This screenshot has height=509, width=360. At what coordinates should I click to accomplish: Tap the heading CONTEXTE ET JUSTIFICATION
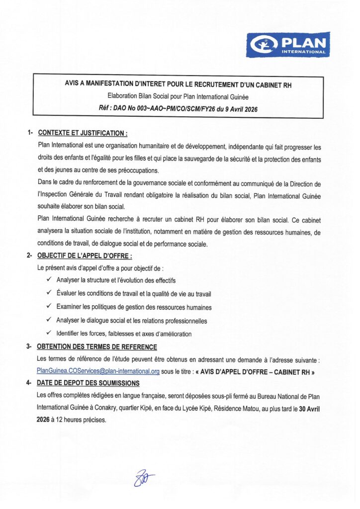(83, 133)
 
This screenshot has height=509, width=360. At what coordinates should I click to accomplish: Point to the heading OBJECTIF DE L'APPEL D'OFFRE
(85, 255)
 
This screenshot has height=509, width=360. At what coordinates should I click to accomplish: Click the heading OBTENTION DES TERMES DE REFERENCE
(97, 347)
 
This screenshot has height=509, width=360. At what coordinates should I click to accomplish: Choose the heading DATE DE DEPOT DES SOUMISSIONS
(89, 383)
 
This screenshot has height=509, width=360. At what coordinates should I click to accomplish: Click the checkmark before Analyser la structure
(49, 280)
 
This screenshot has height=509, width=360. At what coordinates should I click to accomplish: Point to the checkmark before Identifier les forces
(49, 333)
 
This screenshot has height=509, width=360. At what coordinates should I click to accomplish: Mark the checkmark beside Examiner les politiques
(49, 307)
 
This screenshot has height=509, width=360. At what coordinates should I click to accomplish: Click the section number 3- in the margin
(29, 347)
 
